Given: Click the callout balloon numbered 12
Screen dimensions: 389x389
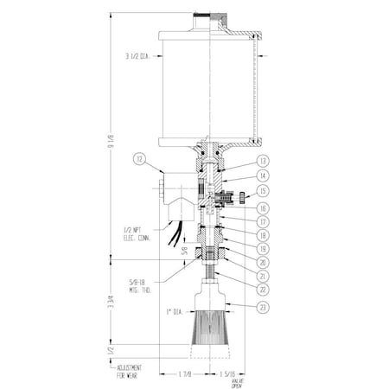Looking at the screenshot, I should click(141, 159).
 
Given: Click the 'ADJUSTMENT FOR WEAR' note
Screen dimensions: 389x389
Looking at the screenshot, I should click(131, 371).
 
